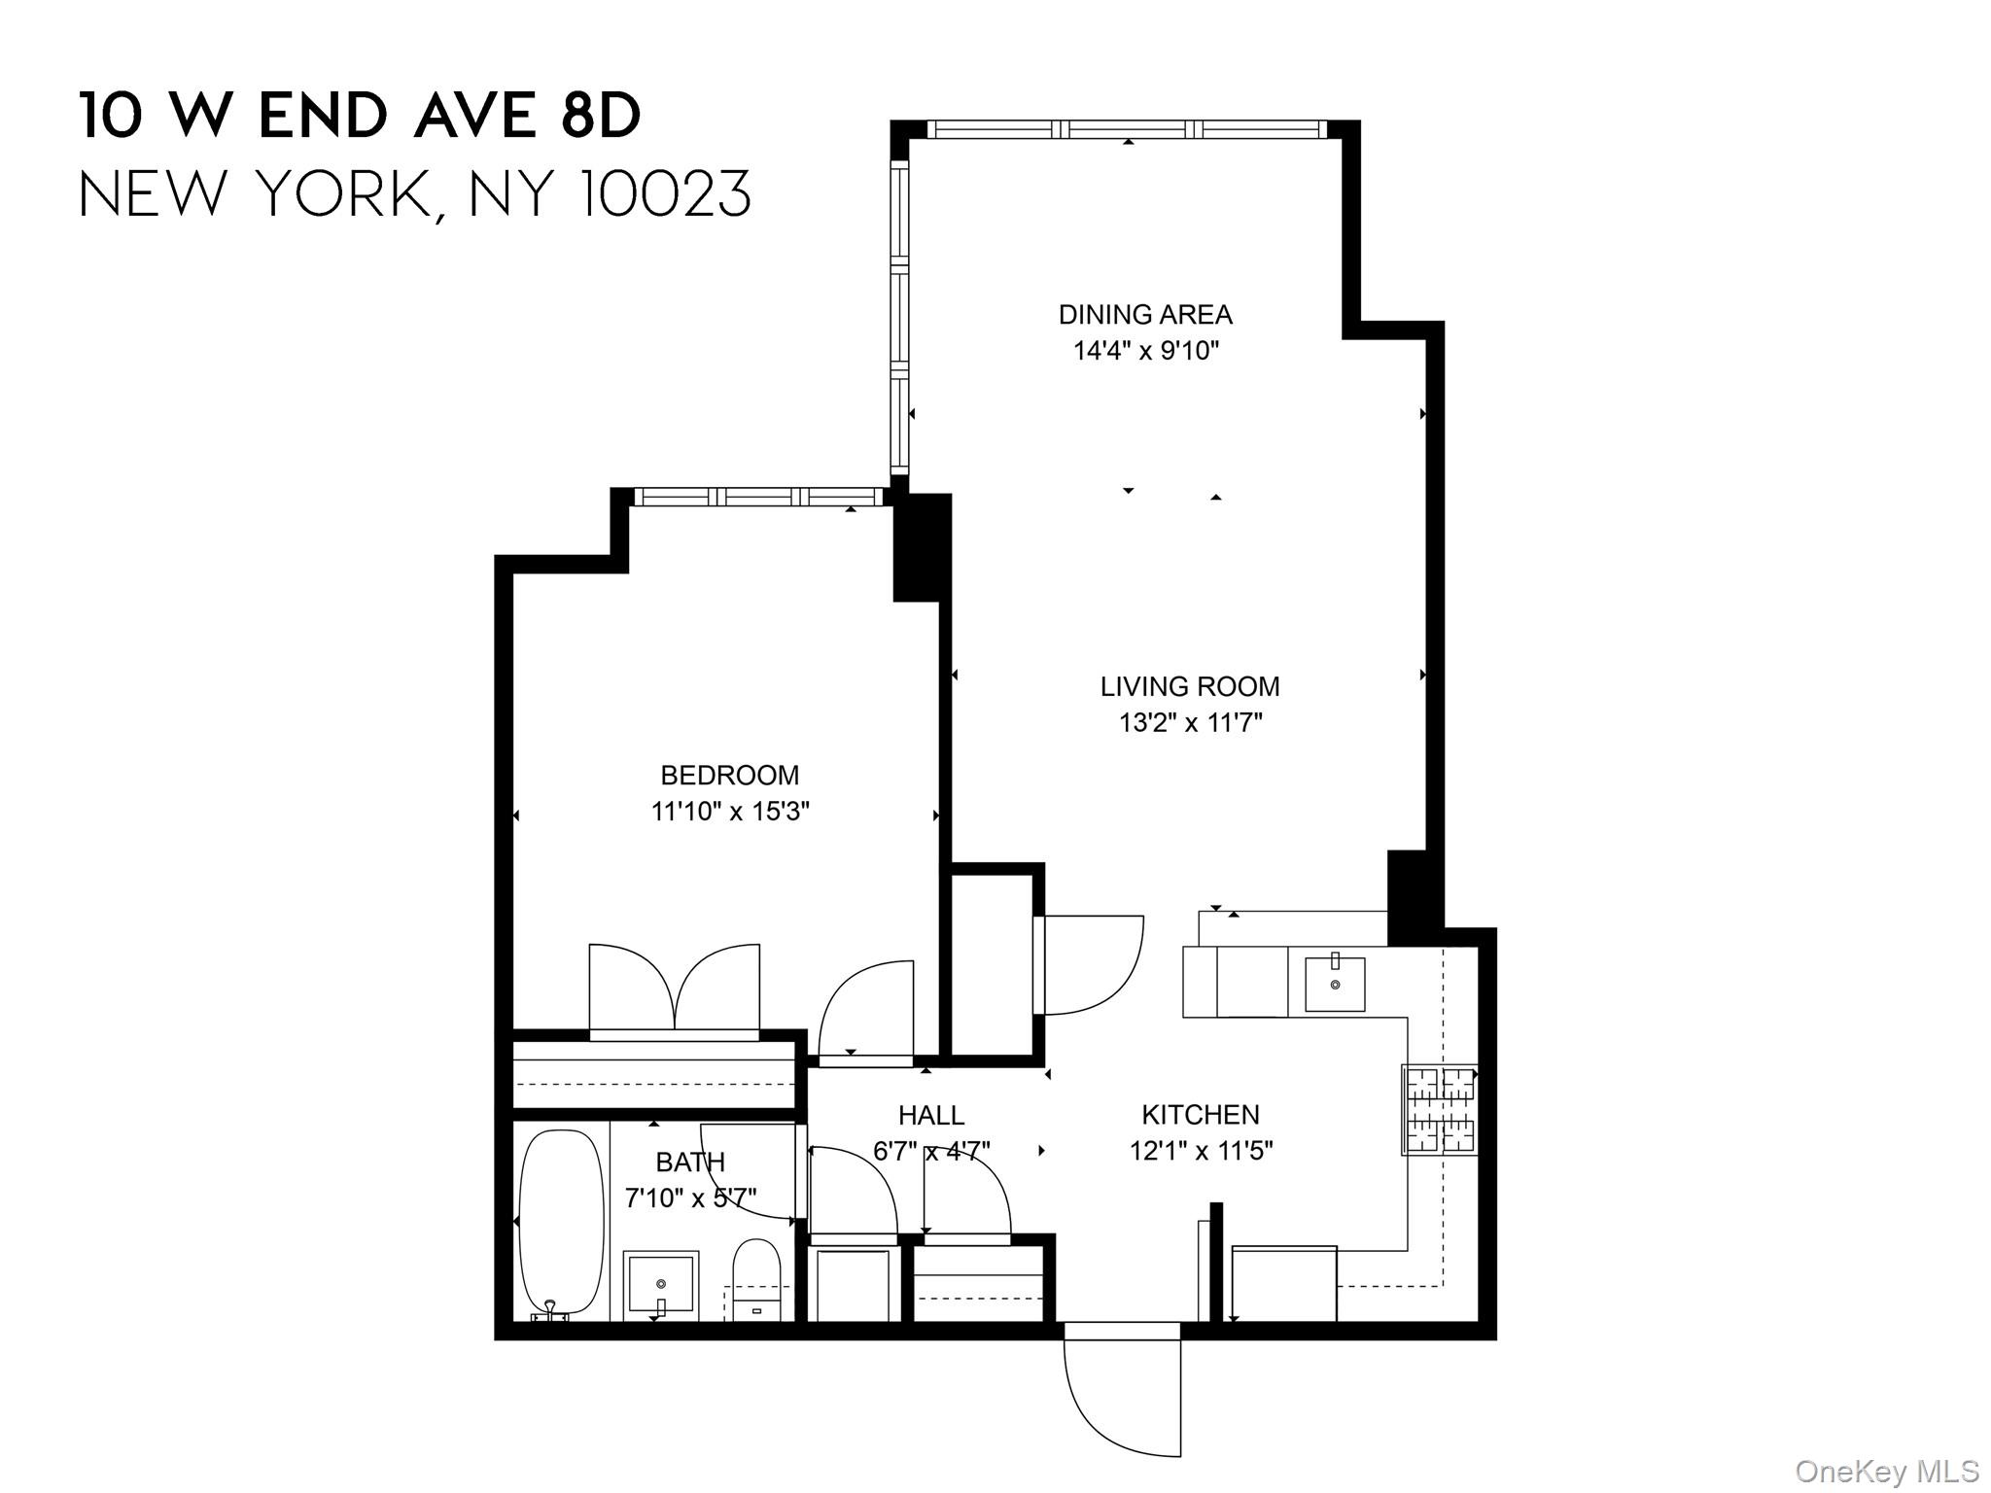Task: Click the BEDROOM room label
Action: point(729,775)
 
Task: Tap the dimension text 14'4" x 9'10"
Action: point(1145,351)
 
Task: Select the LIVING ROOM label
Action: point(1189,686)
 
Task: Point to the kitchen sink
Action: point(1334,984)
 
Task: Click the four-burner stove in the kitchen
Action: point(1440,1109)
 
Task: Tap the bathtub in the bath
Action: point(560,1221)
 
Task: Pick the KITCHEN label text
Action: point(1200,1114)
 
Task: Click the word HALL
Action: point(930,1115)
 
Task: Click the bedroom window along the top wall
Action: point(758,497)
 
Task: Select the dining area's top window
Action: point(1126,129)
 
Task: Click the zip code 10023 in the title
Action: point(665,193)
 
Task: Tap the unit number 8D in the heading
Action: point(600,116)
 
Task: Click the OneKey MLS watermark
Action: point(1886,1471)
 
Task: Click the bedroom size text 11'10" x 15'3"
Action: point(729,811)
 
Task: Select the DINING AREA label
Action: point(1144,314)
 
